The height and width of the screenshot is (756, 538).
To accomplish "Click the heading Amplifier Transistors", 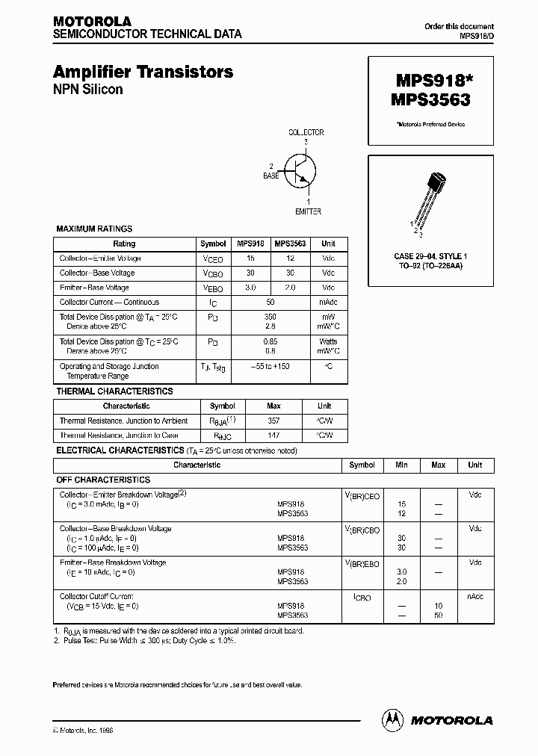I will [x=143, y=72].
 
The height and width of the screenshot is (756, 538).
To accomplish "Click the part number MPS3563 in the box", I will [x=430, y=98].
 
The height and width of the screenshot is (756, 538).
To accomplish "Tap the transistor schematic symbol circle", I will [x=303, y=170].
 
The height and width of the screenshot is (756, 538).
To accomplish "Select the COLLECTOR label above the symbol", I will [x=306, y=132].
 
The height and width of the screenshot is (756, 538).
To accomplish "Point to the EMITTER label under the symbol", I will [x=308, y=211].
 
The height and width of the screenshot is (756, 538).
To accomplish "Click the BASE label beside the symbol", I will [x=270, y=176].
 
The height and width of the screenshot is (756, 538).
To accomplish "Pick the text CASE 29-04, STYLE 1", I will [x=430, y=256].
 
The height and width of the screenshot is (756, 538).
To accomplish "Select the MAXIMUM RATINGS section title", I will [x=94, y=229].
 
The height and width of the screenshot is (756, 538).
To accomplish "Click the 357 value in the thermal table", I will [x=273, y=421].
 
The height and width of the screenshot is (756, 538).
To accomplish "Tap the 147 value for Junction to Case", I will [x=273, y=435].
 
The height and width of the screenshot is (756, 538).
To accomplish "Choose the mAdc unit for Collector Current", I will [x=328, y=303].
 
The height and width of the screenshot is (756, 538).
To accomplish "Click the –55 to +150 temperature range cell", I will [x=270, y=367].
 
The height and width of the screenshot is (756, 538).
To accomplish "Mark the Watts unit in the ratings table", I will [x=328, y=341].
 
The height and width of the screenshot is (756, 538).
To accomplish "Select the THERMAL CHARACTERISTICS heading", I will [x=114, y=391].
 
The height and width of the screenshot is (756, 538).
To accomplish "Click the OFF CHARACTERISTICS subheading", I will [x=103, y=480].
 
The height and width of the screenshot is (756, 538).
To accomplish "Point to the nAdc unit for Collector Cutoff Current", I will [x=474, y=596].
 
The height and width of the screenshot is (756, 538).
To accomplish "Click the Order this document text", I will [x=459, y=26].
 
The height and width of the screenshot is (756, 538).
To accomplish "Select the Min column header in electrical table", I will [x=401, y=465].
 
